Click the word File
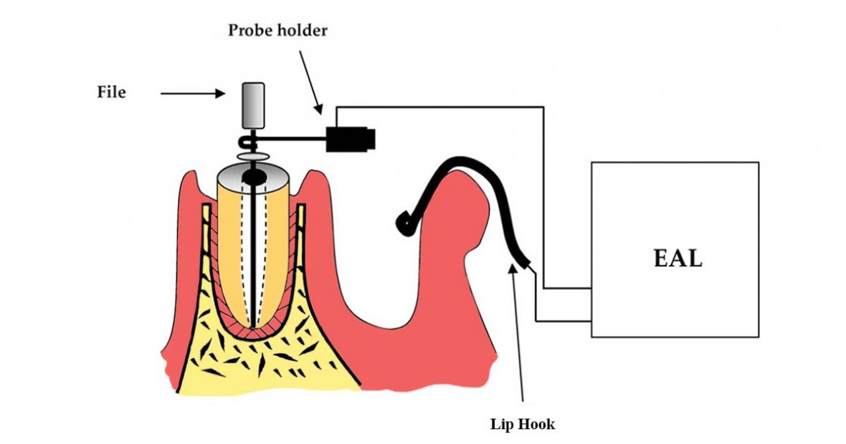pos(111,92)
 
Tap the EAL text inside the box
pos(678,258)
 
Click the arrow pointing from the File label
pos(190,92)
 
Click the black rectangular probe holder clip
pos(351,138)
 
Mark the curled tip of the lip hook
pos(403,225)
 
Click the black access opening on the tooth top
pos(254,175)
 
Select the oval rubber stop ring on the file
pos(250,154)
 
